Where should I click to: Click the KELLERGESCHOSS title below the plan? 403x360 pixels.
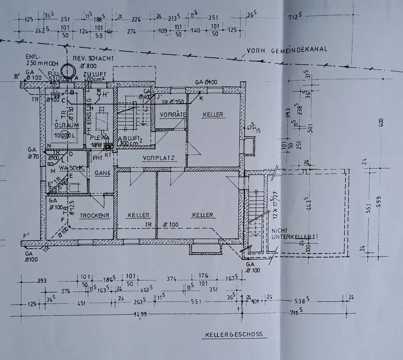pos(234,334)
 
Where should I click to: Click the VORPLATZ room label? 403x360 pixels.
pos(158,158)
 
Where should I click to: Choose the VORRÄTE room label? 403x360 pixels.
pos(172,114)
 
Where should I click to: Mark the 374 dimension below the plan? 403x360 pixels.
pos(172,279)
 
